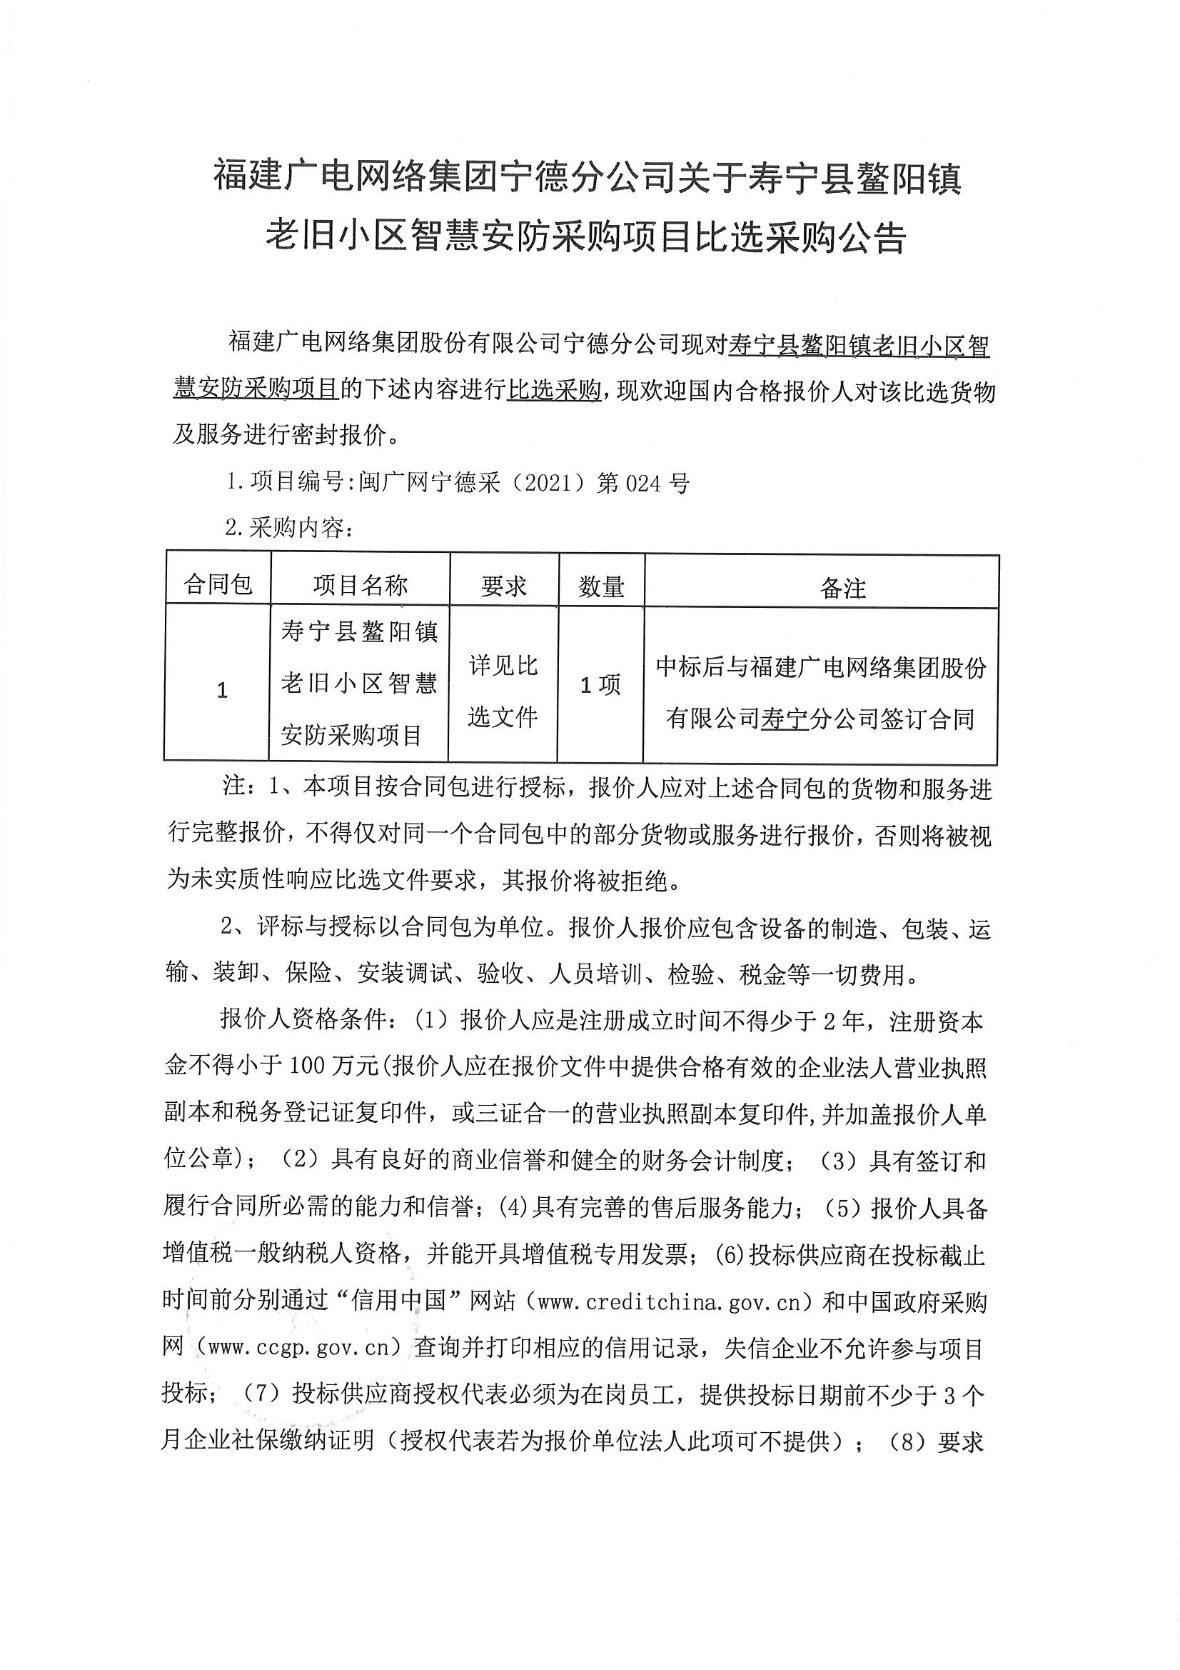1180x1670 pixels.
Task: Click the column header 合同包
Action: click(218, 584)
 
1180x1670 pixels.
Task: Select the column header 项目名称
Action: click(360, 585)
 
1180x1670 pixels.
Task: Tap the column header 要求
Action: click(503, 586)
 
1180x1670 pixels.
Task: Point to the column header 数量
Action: click(601, 586)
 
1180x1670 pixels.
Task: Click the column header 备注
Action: click(842, 588)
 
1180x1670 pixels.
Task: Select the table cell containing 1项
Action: click(600, 684)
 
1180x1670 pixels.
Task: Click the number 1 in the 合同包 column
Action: click(223, 689)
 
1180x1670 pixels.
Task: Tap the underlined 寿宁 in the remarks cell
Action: click(785, 719)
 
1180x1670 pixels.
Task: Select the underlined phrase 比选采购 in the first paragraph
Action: click(555, 391)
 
